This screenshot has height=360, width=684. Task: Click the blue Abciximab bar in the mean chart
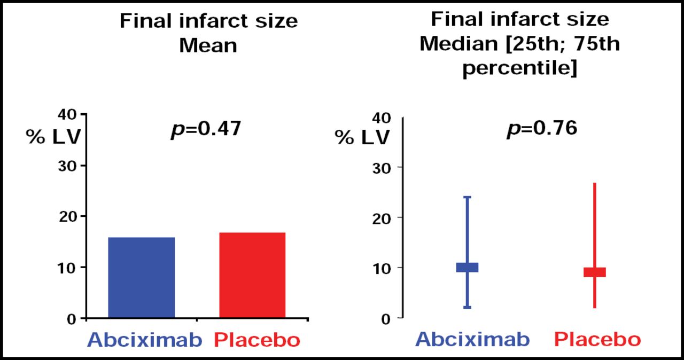pyautogui.click(x=141, y=278)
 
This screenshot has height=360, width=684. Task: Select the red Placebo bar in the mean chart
pyautogui.click(x=252, y=276)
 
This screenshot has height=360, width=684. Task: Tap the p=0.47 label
pyautogui.click(x=206, y=129)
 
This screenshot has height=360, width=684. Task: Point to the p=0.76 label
pyautogui.click(x=542, y=129)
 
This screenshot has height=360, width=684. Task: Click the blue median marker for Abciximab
pyautogui.click(x=467, y=268)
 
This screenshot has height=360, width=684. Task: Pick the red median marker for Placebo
pyautogui.click(x=595, y=272)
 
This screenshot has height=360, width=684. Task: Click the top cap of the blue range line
pyautogui.click(x=467, y=198)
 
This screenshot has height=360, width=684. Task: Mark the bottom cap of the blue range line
pyautogui.click(x=467, y=308)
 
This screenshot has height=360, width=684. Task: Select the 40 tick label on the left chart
pyautogui.click(x=70, y=114)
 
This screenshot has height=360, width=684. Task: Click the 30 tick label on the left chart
pyautogui.click(x=70, y=165)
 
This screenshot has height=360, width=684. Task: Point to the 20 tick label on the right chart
pyautogui.click(x=380, y=218)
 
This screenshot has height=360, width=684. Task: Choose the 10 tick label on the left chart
pyautogui.click(x=70, y=267)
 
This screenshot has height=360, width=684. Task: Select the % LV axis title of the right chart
pyautogui.click(x=362, y=137)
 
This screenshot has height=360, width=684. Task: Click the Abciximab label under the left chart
pyautogui.click(x=145, y=340)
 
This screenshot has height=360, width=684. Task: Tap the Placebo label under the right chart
pyautogui.click(x=597, y=340)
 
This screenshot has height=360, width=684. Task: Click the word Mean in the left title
pyautogui.click(x=208, y=45)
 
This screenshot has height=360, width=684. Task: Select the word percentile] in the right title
pyautogui.click(x=519, y=68)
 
